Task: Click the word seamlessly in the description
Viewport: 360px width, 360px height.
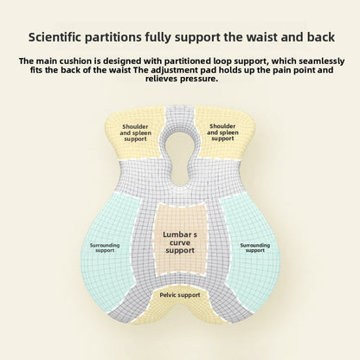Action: pos(322,61)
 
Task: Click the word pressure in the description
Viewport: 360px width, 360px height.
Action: pos(199,79)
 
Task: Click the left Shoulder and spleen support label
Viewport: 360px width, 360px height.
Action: pos(136,132)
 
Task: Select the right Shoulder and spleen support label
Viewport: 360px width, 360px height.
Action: pos(222,132)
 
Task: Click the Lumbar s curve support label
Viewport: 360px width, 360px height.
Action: pos(180,242)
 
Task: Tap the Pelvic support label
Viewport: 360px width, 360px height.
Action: pos(180,295)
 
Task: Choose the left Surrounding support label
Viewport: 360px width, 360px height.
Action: pos(105,247)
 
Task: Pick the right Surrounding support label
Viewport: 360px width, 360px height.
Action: pos(255,247)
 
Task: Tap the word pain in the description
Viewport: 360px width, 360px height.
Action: pos(282,70)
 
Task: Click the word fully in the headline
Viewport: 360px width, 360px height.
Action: pos(158,38)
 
